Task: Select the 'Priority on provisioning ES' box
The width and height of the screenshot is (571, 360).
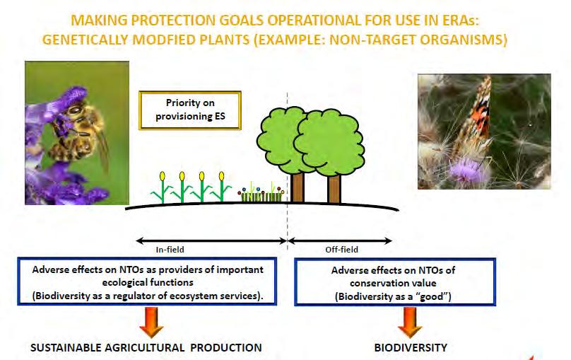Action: (190, 110)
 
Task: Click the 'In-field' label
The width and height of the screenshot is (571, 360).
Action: (170, 250)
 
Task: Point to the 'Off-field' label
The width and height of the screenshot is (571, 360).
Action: (341, 250)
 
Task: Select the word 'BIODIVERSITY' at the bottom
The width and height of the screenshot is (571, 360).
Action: (411, 347)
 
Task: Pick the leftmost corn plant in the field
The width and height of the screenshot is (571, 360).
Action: (162, 187)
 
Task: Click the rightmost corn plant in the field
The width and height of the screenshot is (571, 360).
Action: (221, 187)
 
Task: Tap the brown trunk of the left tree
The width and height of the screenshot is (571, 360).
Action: (297, 187)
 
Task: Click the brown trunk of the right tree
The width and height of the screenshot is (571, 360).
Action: (334, 189)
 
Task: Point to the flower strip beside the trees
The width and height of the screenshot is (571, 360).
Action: (261, 194)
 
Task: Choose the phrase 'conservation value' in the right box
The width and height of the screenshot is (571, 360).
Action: (393, 283)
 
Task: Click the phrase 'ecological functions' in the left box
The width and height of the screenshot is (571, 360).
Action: (148, 282)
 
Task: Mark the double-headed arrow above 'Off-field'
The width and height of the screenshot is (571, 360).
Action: (340, 241)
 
